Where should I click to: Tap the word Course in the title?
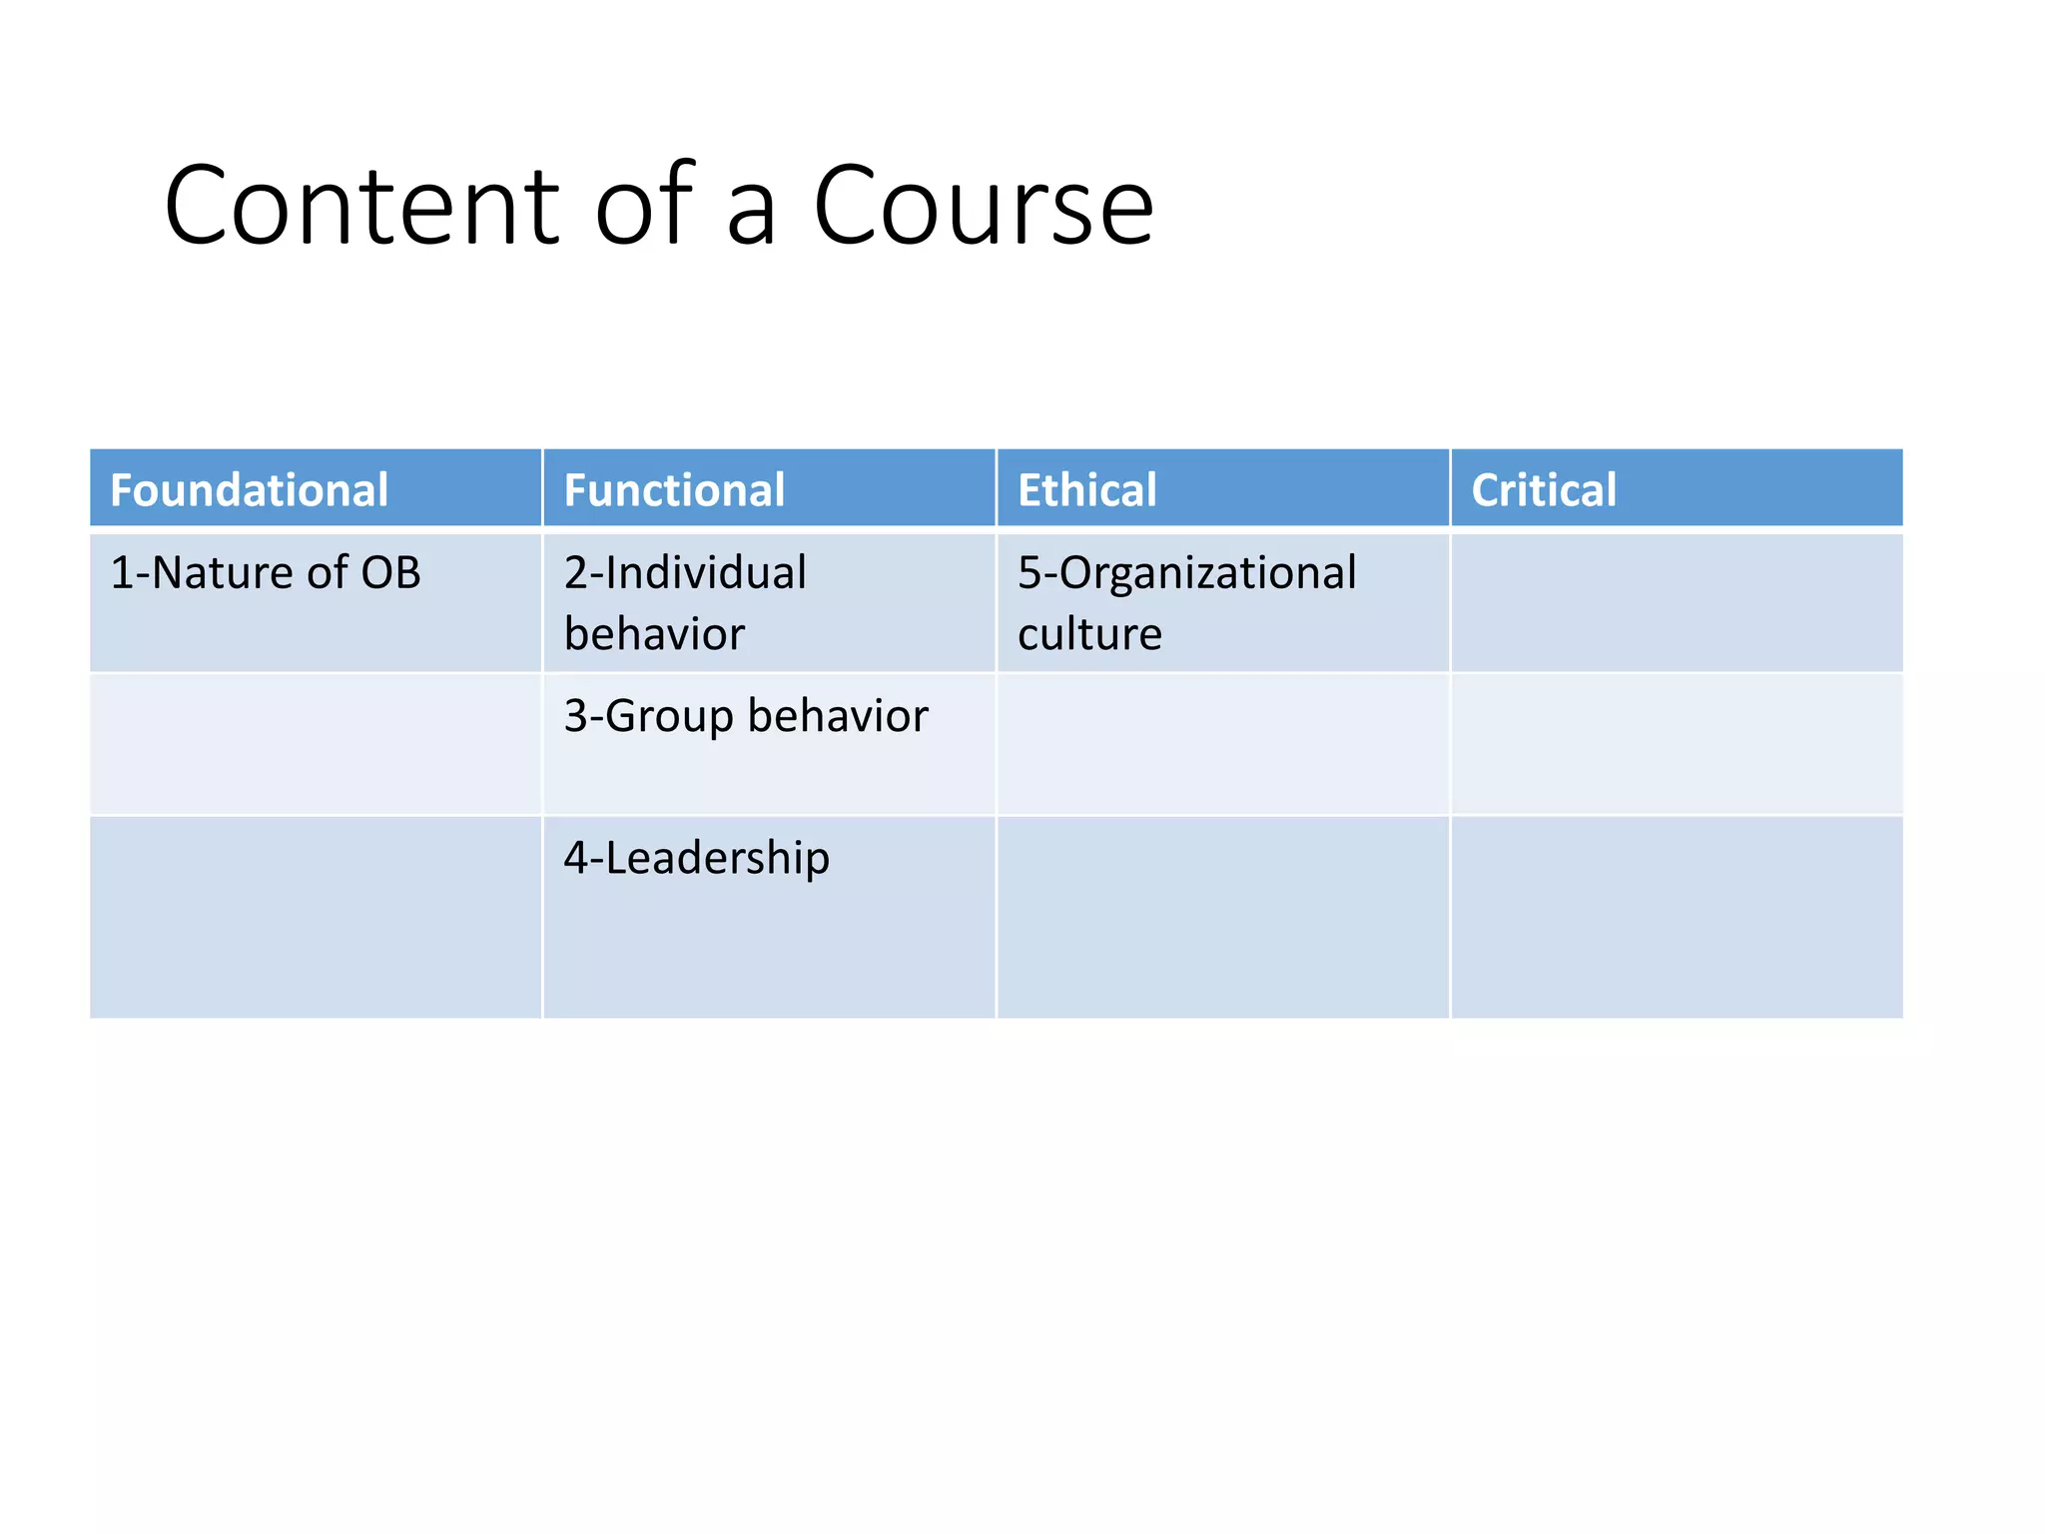984,207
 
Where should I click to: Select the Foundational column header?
249,490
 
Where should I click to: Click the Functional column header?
674,490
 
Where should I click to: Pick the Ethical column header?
1086,490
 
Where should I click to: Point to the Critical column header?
1543,490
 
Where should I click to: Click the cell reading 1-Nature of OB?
266,573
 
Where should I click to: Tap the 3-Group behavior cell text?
746,716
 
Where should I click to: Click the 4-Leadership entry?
696,858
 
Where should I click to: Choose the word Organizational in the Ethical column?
1207,573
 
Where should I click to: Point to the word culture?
1089,634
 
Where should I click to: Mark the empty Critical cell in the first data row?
1676,603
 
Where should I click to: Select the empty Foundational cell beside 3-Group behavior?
316,744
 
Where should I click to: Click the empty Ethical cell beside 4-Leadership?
1222,917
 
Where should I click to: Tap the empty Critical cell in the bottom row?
1676,917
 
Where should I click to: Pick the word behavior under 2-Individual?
654,634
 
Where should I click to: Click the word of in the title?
645,207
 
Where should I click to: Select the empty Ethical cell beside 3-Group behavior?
1222,744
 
